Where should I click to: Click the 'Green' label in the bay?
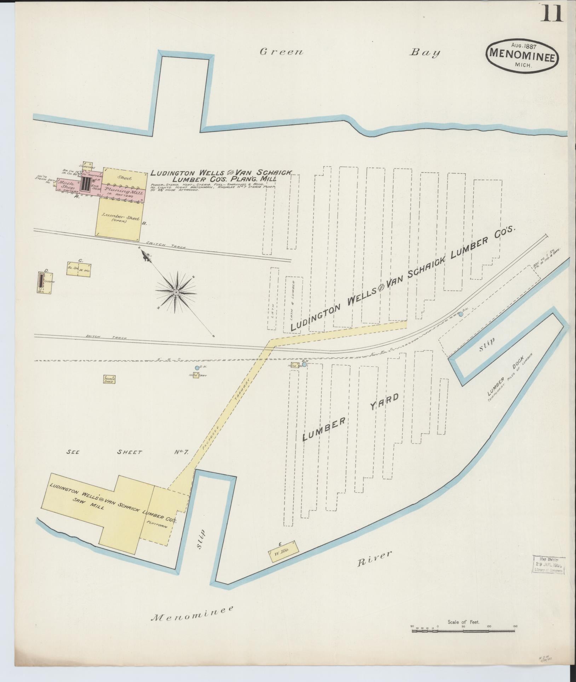point(282,52)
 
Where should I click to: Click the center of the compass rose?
point(175,292)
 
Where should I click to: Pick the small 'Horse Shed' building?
point(109,379)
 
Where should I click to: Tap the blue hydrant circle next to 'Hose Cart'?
point(197,368)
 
